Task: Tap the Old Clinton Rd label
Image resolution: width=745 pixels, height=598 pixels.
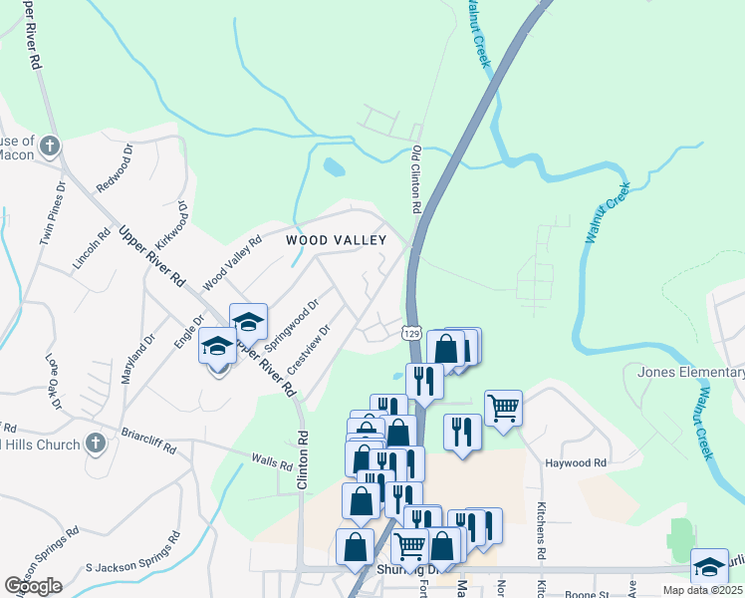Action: point(417,180)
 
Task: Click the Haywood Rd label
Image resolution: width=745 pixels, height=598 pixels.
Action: point(576,463)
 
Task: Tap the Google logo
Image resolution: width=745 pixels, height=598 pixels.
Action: point(33,586)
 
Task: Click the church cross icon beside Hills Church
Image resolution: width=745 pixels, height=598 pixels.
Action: point(95,443)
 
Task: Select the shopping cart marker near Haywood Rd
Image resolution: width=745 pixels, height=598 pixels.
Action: point(503,406)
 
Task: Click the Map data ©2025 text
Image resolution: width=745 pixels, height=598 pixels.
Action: point(703,590)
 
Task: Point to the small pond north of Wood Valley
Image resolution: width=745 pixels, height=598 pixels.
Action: point(335,167)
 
